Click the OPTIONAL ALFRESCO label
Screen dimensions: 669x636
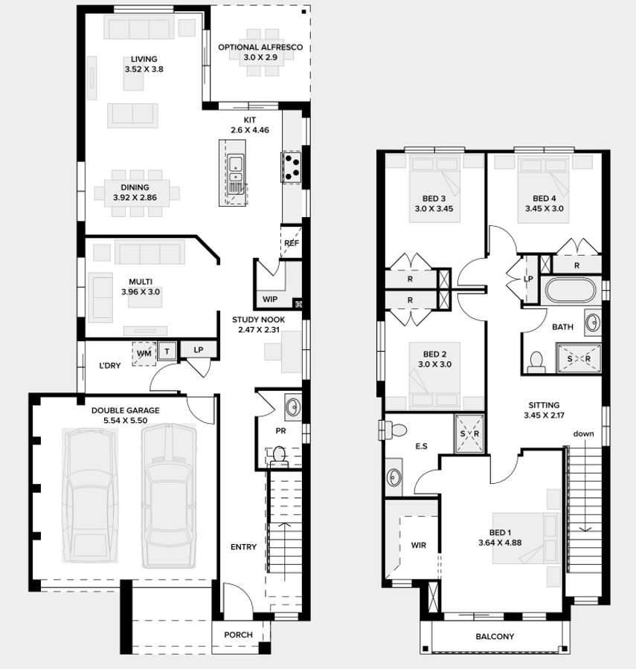[260, 47]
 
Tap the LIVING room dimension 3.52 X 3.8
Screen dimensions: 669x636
[144, 69]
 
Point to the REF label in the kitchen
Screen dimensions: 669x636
[291, 243]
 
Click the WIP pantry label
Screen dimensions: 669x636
[269, 300]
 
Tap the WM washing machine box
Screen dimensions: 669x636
[144, 354]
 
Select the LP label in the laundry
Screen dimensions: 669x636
[199, 350]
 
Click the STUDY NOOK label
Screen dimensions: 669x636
[257, 320]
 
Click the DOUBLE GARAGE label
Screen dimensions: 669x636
[125, 410]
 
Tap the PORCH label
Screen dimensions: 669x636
[238, 635]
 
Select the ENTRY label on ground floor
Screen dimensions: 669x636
[243, 547]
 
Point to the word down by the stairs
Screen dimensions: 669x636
[583, 433]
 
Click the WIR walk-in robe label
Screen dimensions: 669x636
[419, 545]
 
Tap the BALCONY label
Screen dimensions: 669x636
[495, 636]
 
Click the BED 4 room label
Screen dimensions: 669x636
[544, 198]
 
